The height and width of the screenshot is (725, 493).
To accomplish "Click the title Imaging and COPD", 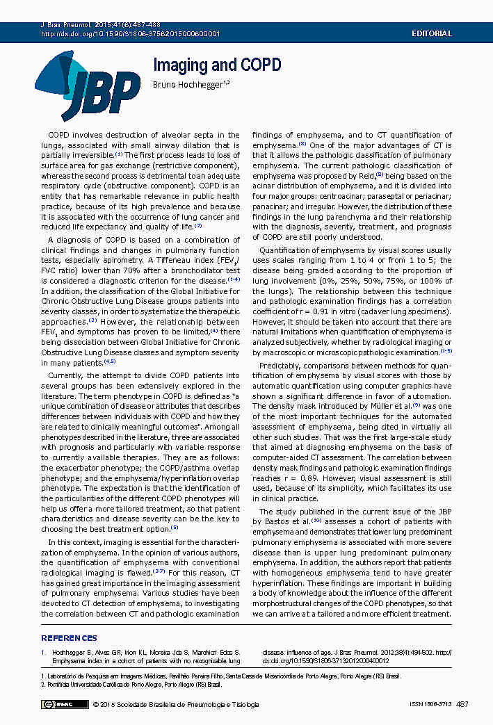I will coord(216,65).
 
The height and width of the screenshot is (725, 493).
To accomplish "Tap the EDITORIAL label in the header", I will coord(432,33).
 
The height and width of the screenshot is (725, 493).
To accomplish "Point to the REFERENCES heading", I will coord(69,638).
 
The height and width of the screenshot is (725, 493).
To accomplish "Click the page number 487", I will coord(462,705).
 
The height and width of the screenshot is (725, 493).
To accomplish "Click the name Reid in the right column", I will coord(364,177).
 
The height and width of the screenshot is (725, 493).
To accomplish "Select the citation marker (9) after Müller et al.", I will coord(416,405).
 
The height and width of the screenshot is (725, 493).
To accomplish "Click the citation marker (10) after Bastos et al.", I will coord(316,520).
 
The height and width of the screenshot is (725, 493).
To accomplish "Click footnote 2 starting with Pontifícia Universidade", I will coord(131,685).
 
